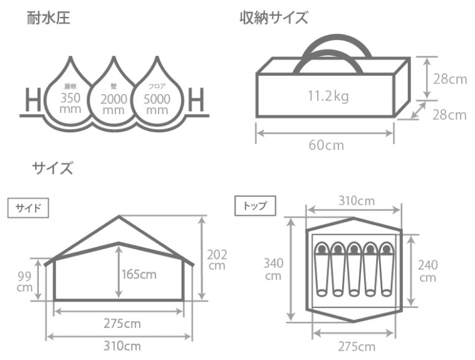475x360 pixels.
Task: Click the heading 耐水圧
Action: pyautogui.click(x=48, y=18)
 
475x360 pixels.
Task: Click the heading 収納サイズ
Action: pyautogui.click(x=274, y=18)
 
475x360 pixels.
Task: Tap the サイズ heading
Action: pyautogui.click(x=53, y=168)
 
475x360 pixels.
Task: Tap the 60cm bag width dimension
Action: pyautogui.click(x=325, y=146)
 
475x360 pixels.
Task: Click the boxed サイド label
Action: pyautogui.click(x=28, y=208)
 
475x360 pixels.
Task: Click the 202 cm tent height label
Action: pyautogui.click(x=217, y=259)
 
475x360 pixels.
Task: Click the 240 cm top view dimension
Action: pyautogui.click(x=428, y=271)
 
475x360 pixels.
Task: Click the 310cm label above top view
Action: pyautogui.click(x=354, y=201)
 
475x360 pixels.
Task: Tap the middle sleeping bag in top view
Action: pyautogui.click(x=354, y=269)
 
